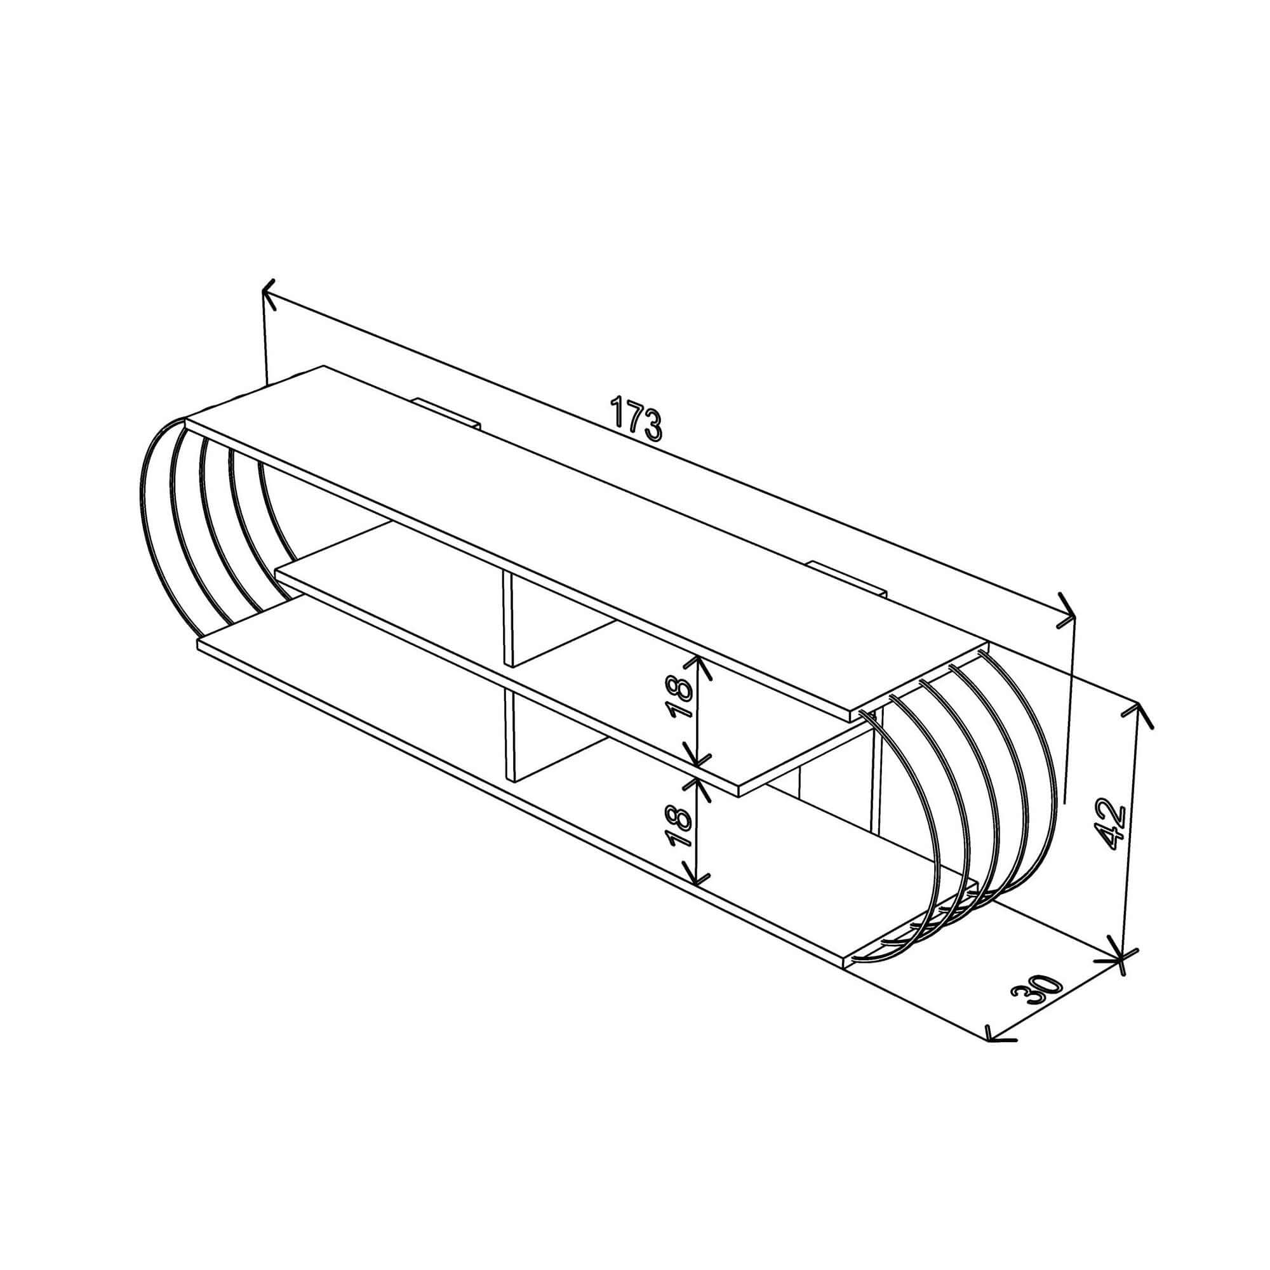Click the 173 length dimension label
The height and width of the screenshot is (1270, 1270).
[x=635, y=417]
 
